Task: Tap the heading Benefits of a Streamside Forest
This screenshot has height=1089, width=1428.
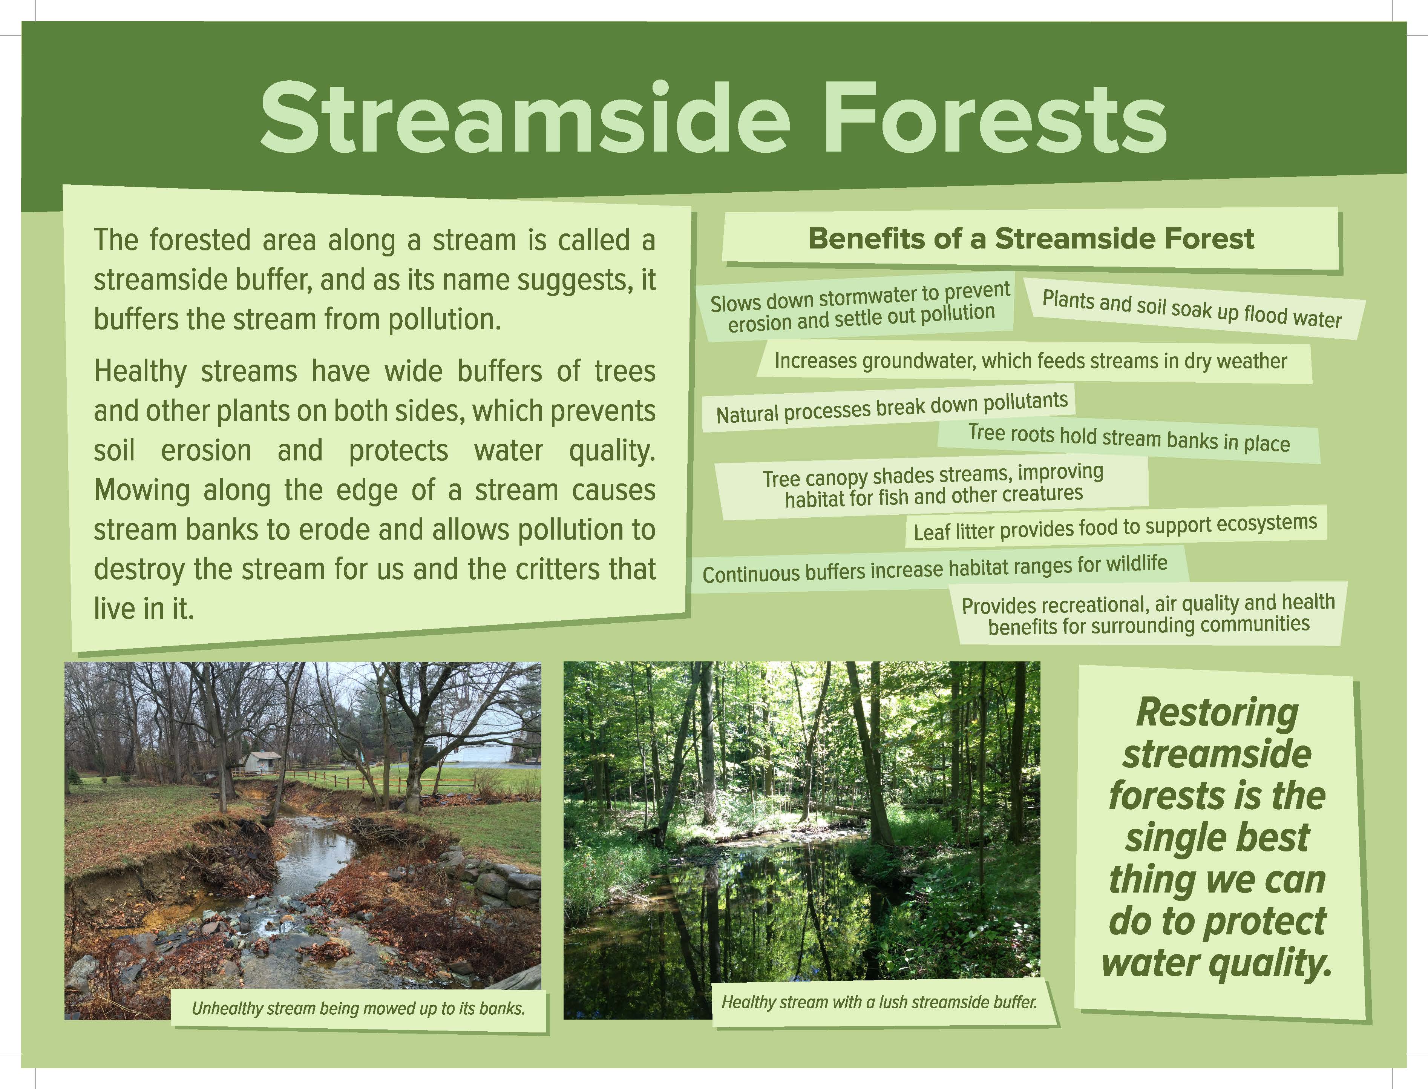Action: (1031, 239)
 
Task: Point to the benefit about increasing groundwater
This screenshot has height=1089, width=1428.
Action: (1030, 361)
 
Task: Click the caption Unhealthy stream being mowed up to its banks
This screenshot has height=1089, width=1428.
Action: (358, 1008)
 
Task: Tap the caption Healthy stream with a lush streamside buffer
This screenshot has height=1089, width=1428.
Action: (879, 1002)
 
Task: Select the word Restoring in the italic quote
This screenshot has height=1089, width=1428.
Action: (1217, 713)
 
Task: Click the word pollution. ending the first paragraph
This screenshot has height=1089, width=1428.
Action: (445, 319)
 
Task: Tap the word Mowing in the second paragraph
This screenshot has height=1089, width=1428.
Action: (142, 491)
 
